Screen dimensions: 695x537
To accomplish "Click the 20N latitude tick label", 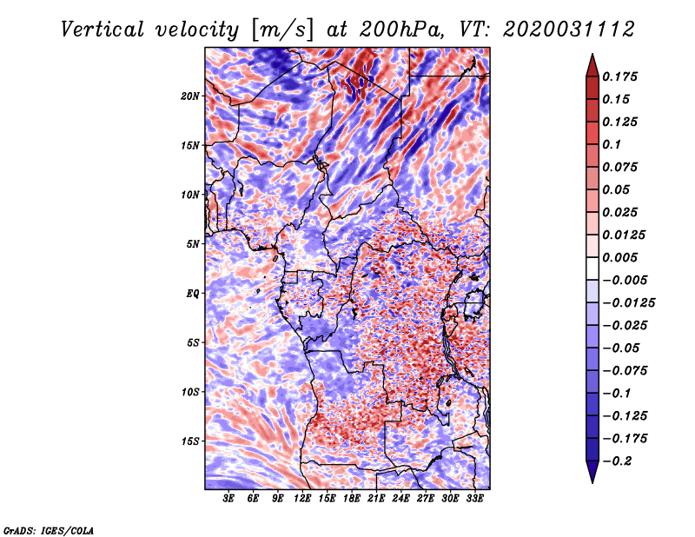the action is (189, 96).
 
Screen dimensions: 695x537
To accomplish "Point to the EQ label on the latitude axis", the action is (192, 294).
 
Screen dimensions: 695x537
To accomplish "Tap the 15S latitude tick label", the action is (190, 441).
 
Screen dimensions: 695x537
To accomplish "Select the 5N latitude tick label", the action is (192, 244).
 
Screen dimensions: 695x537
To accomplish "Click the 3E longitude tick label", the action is (228, 499).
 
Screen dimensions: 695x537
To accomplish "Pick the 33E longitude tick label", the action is (474, 499).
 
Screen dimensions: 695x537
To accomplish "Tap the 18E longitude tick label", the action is (352, 499).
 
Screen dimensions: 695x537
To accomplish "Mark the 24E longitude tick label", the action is (400, 499).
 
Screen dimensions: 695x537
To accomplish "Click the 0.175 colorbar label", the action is (619, 76).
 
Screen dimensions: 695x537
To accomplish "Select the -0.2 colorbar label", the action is (617, 461).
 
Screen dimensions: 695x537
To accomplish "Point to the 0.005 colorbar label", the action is (619, 257).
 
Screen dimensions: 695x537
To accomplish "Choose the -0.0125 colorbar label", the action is (628, 303).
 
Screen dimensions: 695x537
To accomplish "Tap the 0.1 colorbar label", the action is (612, 144).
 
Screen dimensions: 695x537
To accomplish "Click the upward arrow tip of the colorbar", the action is (592, 55).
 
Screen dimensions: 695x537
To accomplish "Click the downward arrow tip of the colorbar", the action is (592, 482).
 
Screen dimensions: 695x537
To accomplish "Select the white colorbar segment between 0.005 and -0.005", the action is (592, 268).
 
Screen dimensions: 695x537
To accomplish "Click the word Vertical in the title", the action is (103, 30).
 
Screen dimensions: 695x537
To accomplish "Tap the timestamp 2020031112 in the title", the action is (569, 30).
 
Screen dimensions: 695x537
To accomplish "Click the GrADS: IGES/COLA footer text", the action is (49, 531).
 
